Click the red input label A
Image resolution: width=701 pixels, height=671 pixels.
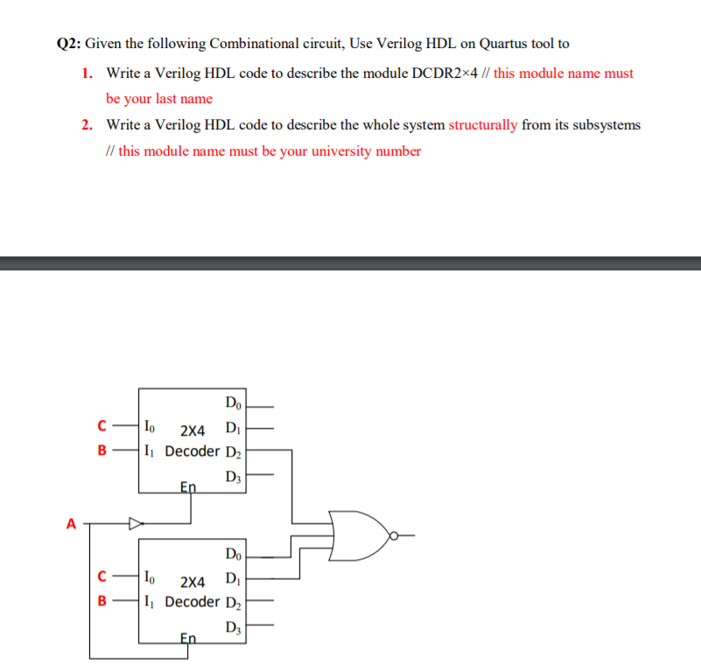(70, 525)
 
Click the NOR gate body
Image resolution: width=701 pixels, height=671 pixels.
(358, 535)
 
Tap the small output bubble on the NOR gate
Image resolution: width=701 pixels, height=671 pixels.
(395, 535)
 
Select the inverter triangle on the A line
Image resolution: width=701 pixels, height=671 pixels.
(136, 525)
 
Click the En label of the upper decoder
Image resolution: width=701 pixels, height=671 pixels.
(188, 486)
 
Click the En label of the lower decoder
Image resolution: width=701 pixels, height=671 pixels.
(188, 637)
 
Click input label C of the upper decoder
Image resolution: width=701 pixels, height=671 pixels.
(102, 428)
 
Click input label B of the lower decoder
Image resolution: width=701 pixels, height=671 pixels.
(102, 601)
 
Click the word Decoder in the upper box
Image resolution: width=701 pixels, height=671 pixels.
(193, 451)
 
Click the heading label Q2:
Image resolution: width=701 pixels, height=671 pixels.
(69, 44)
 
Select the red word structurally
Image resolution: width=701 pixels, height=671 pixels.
(483, 125)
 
